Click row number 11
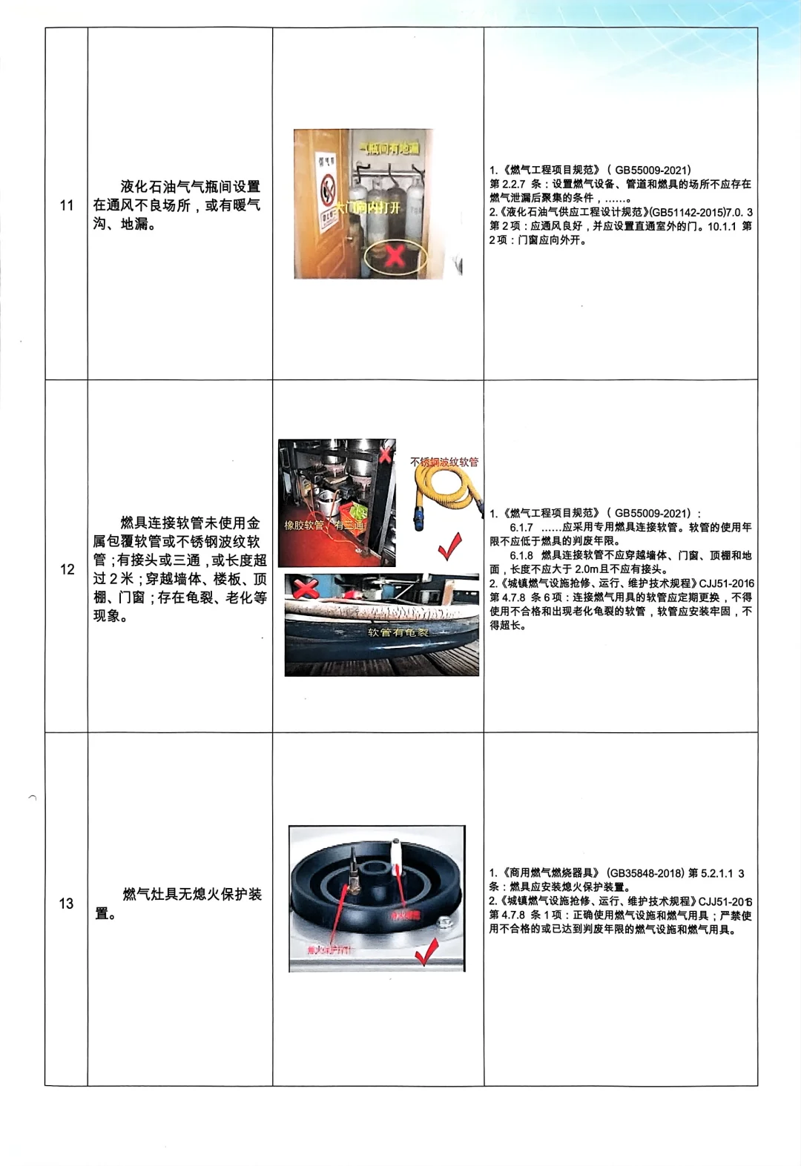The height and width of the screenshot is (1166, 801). [67, 205]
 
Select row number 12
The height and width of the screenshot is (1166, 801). [67, 569]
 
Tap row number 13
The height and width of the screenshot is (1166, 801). [67, 904]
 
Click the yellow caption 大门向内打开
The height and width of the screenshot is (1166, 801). [369, 208]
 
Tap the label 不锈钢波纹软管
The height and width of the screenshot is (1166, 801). [444, 462]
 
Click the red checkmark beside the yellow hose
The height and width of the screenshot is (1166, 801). [450, 546]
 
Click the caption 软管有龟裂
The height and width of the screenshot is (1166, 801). [398, 632]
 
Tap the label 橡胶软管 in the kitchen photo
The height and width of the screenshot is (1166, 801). [304, 525]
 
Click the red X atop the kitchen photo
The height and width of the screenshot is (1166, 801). [386, 454]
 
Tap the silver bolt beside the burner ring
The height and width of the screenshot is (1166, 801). [446, 924]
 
